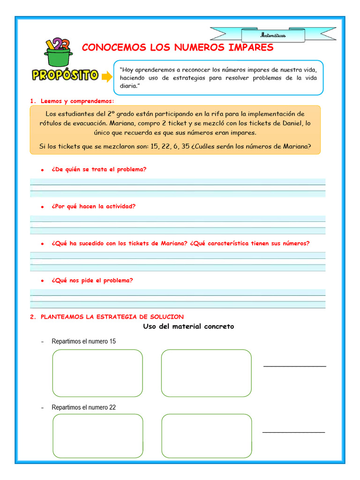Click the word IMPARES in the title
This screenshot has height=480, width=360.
248,47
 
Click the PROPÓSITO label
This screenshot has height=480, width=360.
65,75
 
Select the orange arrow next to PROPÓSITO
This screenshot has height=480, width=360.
107,76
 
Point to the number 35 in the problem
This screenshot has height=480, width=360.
186,146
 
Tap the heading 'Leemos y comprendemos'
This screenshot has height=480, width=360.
77,101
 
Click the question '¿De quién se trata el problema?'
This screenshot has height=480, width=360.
99,169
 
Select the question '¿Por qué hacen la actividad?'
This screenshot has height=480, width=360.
94,206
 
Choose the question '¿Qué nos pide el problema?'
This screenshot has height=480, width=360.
92,280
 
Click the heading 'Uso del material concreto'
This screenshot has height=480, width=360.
188,326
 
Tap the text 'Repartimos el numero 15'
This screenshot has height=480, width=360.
83,341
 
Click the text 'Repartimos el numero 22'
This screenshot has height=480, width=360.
83,407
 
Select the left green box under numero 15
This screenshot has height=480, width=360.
97,373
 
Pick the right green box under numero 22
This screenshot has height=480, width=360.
207,436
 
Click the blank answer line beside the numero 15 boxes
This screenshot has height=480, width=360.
294,366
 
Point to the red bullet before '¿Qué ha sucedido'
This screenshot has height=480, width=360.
42,244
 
